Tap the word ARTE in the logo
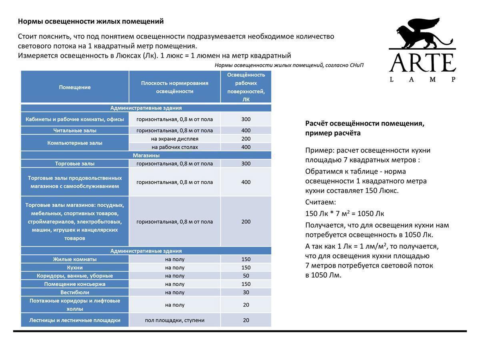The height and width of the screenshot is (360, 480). click(x=422, y=63)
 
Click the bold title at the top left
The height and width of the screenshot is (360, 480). click(x=91, y=21)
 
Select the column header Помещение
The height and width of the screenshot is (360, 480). click(x=75, y=87)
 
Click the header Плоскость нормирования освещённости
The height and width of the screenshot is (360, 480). click(x=174, y=87)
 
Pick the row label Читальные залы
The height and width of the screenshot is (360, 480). click(x=75, y=130)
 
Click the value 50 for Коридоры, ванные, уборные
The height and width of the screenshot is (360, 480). click(x=246, y=276)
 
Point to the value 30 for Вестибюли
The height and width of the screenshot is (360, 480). click(x=246, y=292)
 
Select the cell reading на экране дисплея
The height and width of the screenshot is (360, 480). click(x=174, y=139)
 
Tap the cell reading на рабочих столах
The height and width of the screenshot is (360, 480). click(x=174, y=147)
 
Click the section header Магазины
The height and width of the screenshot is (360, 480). click(x=146, y=155)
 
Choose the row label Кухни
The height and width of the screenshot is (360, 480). click(x=75, y=268)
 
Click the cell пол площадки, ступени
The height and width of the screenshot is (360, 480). click(x=174, y=320)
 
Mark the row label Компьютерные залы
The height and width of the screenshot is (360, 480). click(x=75, y=143)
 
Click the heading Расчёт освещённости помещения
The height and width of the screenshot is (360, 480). click(x=364, y=123)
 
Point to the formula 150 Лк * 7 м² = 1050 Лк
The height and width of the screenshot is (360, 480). click(x=344, y=214)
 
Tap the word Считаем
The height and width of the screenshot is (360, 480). click(x=320, y=202)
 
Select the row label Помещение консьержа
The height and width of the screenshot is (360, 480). click(x=75, y=284)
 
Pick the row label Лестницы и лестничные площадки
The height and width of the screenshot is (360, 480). click(x=75, y=320)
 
